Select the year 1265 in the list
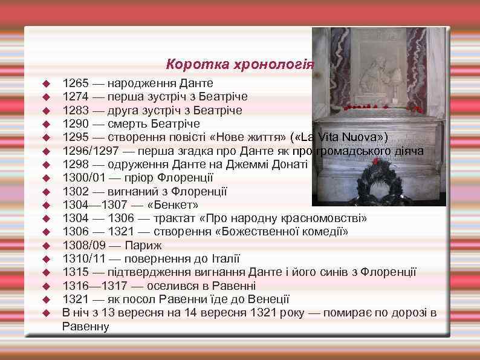(x=75, y=83)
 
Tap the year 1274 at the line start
(x=75, y=97)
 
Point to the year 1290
(x=75, y=123)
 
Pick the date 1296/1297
(x=88, y=151)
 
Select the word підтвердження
(x=144, y=272)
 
